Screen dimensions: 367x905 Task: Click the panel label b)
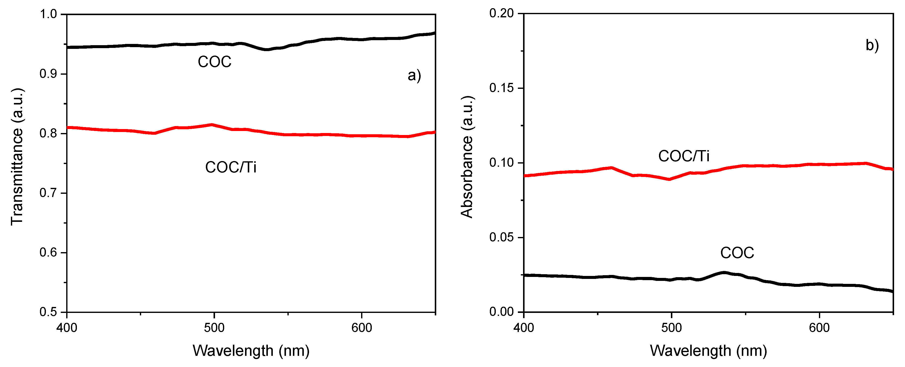[x=872, y=45]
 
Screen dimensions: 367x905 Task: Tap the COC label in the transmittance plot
[x=214, y=62]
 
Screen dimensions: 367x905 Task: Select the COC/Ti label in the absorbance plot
[x=684, y=156]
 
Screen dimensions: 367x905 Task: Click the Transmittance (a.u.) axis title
[x=17, y=156]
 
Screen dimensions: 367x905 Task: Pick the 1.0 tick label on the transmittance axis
[x=48, y=14]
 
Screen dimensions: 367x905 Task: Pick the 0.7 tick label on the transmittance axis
[x=48, y=193]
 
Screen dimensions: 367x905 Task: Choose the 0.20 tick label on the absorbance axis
[x=501, y=13]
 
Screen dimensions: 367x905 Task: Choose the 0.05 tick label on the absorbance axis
[x=501, y=237]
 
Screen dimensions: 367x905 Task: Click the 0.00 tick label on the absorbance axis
[x=501, y=312]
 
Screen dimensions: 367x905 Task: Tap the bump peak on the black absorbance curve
[x=724, y=273]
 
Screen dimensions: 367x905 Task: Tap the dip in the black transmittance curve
[x=267, y=49]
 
